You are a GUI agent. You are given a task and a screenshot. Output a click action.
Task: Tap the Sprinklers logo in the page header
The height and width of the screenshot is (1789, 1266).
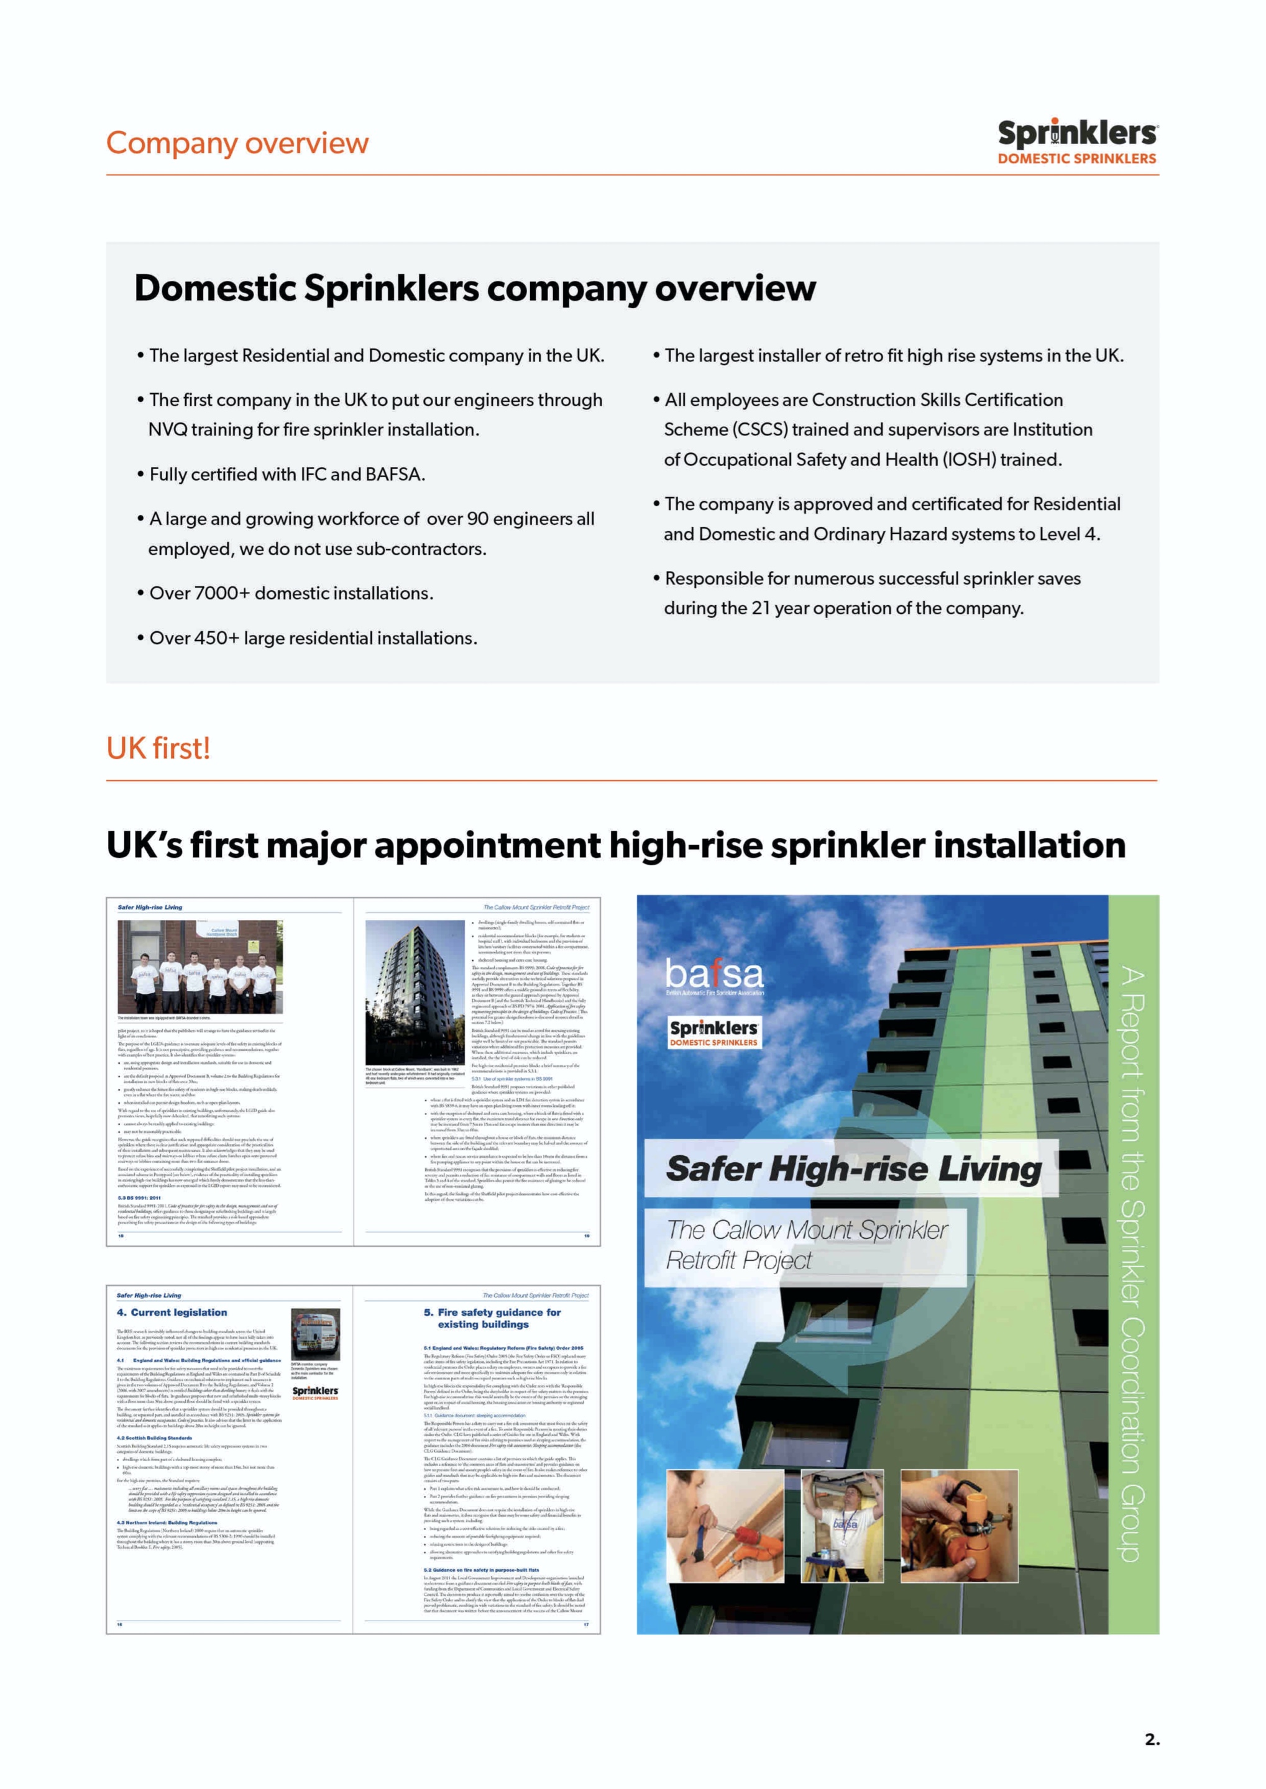coord(1077,141)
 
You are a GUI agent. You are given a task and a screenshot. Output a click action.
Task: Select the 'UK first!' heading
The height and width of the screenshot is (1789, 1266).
coord(158,748)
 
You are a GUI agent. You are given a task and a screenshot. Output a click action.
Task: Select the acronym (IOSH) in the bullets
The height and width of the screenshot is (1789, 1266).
coord(968,460)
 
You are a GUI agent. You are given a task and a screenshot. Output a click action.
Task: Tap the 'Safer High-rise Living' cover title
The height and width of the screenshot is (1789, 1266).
coord(853,1169)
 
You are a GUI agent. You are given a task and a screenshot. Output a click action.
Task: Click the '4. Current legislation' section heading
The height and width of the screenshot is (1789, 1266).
coord(172,1312)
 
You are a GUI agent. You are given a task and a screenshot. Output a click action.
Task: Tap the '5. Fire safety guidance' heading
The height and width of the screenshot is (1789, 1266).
coord(493,1318)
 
